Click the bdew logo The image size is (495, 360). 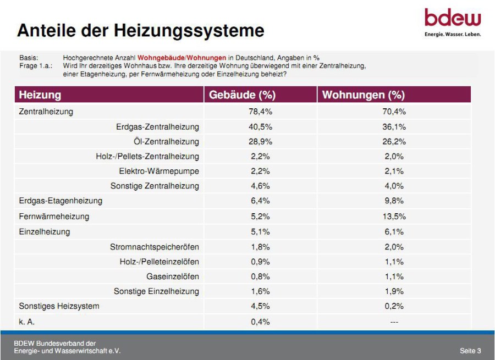(x=453, y=21)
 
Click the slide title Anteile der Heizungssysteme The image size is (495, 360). (x=140, y=30)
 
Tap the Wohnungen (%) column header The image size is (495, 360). (x=363, y=95)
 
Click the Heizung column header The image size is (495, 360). (x=40, y=95)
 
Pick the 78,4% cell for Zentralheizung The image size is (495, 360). (x=260, y=112)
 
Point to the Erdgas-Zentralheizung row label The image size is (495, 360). (x=157, y=126)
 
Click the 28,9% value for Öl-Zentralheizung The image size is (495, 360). (x=260, y=141)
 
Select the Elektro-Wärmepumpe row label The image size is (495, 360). (x=159, y=171)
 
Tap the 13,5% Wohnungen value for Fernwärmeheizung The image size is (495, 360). (x=394, y=216)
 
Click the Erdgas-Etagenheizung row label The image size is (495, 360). (x=61, y=201)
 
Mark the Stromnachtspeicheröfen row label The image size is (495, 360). (x=155, y=247)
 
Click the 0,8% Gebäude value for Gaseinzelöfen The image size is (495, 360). (x=260, y=276)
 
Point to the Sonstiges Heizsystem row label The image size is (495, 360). (x=59, y=306)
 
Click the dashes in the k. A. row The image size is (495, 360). (x=394, y=322)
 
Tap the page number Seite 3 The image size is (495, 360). (x=470, y=350)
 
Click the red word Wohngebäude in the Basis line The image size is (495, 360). (x=161, y=57)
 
